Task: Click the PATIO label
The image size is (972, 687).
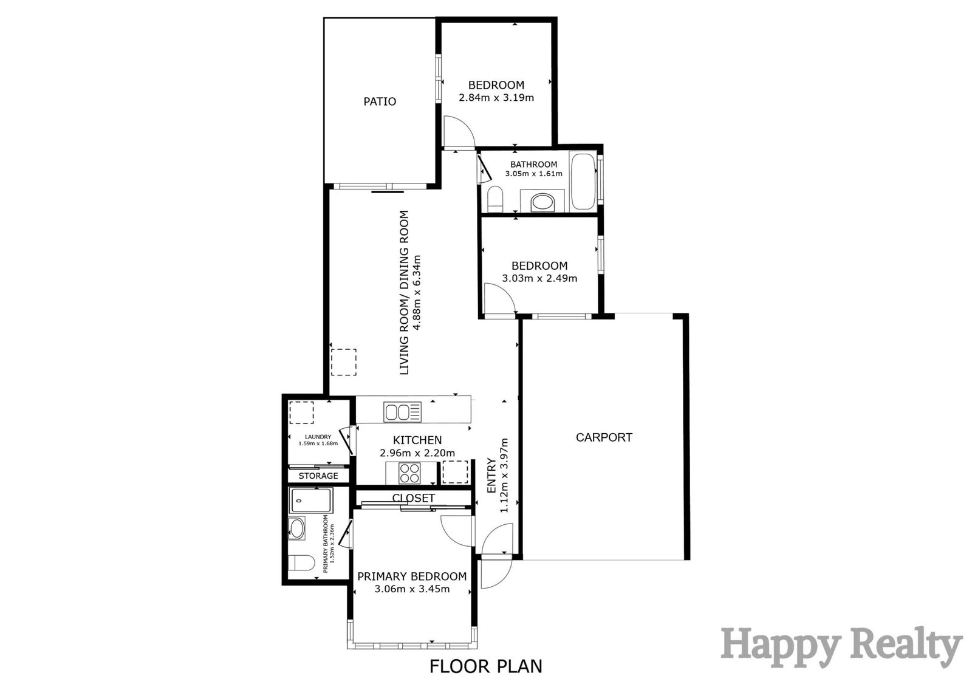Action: [380, 101]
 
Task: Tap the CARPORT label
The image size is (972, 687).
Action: [604, 437]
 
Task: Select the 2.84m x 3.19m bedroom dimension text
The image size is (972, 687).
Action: [496, 98]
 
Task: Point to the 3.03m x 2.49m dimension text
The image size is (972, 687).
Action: [539, 278]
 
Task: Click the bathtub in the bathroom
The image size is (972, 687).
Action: [583, 181]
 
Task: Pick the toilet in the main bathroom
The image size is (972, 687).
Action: [495, 199]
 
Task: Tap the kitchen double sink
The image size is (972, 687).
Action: [402, 412]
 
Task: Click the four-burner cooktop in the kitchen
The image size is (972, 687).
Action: [409, 473]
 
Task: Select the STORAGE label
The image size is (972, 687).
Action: [318, 476]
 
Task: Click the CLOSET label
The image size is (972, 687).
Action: [414, 497]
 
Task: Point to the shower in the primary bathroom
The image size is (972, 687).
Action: [312, 501]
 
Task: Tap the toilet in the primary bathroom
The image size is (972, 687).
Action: [301, 563]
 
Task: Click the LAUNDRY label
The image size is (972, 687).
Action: [318, 437]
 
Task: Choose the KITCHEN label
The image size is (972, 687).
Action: [417, 440]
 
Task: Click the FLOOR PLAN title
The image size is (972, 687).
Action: [486, 666]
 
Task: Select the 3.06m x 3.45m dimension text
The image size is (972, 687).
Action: [412, 589]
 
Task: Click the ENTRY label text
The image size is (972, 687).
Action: [491, 475]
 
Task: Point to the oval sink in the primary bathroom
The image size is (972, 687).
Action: [297, 528]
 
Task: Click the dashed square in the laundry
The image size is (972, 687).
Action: [301, 412]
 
